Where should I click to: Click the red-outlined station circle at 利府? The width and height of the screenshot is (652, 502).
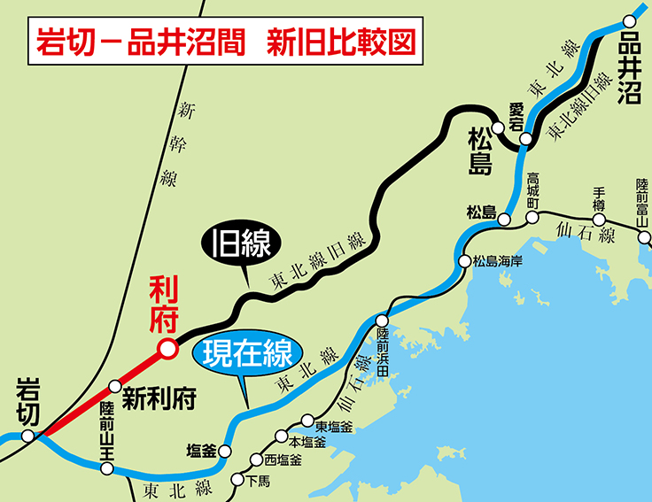tap(166, 351)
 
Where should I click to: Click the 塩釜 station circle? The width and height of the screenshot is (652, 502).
tap(225, 451)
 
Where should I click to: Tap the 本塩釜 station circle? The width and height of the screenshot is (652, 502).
tap(281, 436)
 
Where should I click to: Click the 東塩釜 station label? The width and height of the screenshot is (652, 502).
tap(334, 426)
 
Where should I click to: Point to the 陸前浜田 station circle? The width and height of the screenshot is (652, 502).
tap(383, 321)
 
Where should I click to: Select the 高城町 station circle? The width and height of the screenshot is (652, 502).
tap(532, 216)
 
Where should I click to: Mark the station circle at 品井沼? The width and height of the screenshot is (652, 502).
tap(630, 20)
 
